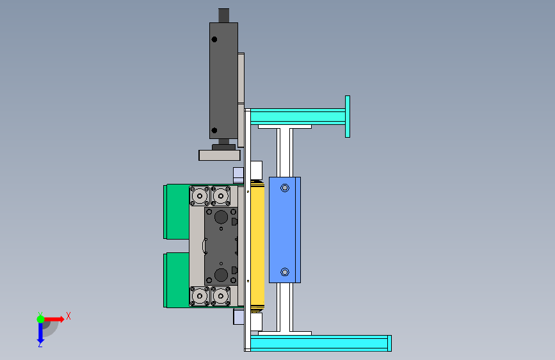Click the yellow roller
pyautogui.click(x=257, y=245)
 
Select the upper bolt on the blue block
pyautogui.click(x=285, y=188)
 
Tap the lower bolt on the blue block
pyautogui.click(x=285, y=272)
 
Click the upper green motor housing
pyautogui.click(x=176, y=211)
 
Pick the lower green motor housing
pyautogui.click(x=176, y=280)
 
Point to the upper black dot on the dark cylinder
pyautogui.click(x=214, y=39)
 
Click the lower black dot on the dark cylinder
pyautogui.click(x=214, y=131)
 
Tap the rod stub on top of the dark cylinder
pyautogui.click(x=223, y=15)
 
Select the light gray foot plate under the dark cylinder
pyautogui.click(x=220, y=155)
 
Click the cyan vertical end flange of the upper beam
pyautogui.click(x=348, y=117)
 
